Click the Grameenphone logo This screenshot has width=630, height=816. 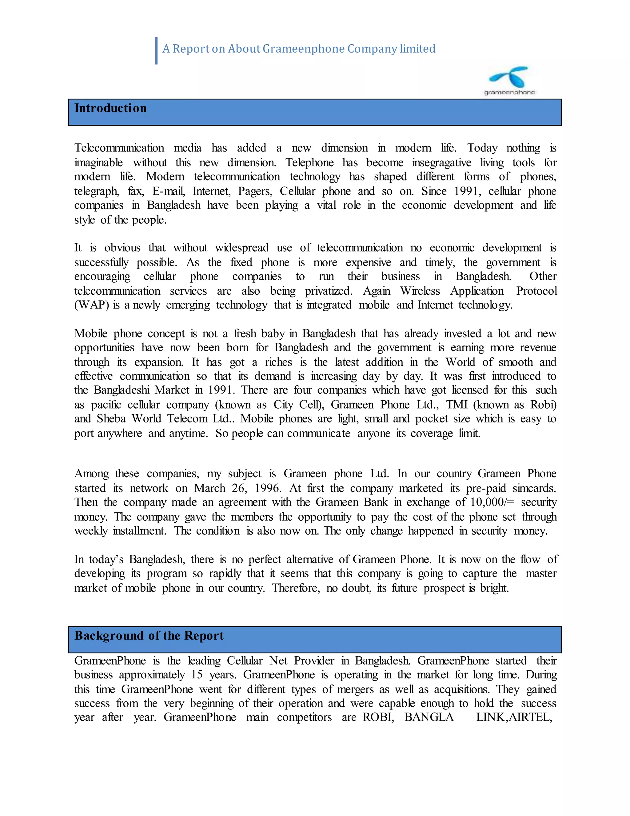[x=510, y=81]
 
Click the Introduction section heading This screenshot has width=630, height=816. [x=110, y=108]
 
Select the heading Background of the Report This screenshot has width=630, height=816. [x=149, y=636]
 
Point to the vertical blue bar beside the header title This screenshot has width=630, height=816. [x=156, y=51]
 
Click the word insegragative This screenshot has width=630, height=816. [x=441, y=163]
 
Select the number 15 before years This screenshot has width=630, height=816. [x=197, y=675]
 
